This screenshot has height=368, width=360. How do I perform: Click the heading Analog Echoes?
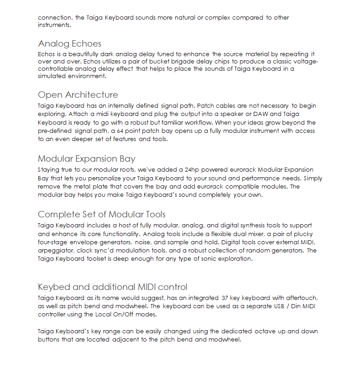69,44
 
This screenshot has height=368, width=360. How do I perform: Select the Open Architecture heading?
78,95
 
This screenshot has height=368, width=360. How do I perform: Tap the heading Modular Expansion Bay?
86,159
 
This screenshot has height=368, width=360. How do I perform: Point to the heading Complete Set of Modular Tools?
101,215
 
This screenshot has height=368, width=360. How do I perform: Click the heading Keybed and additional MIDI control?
112,287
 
